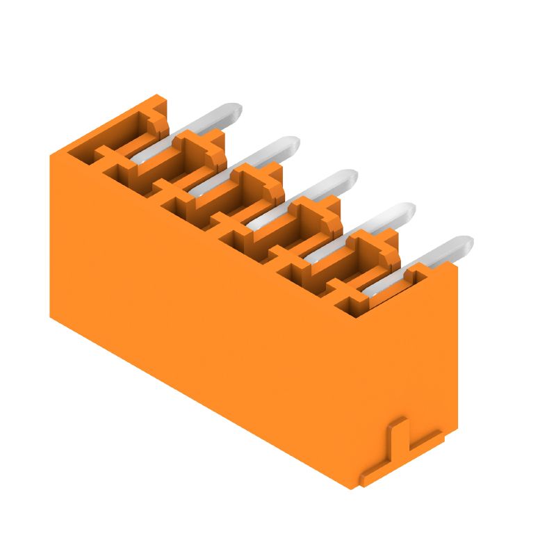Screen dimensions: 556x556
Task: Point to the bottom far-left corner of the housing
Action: tap(51, 317)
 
